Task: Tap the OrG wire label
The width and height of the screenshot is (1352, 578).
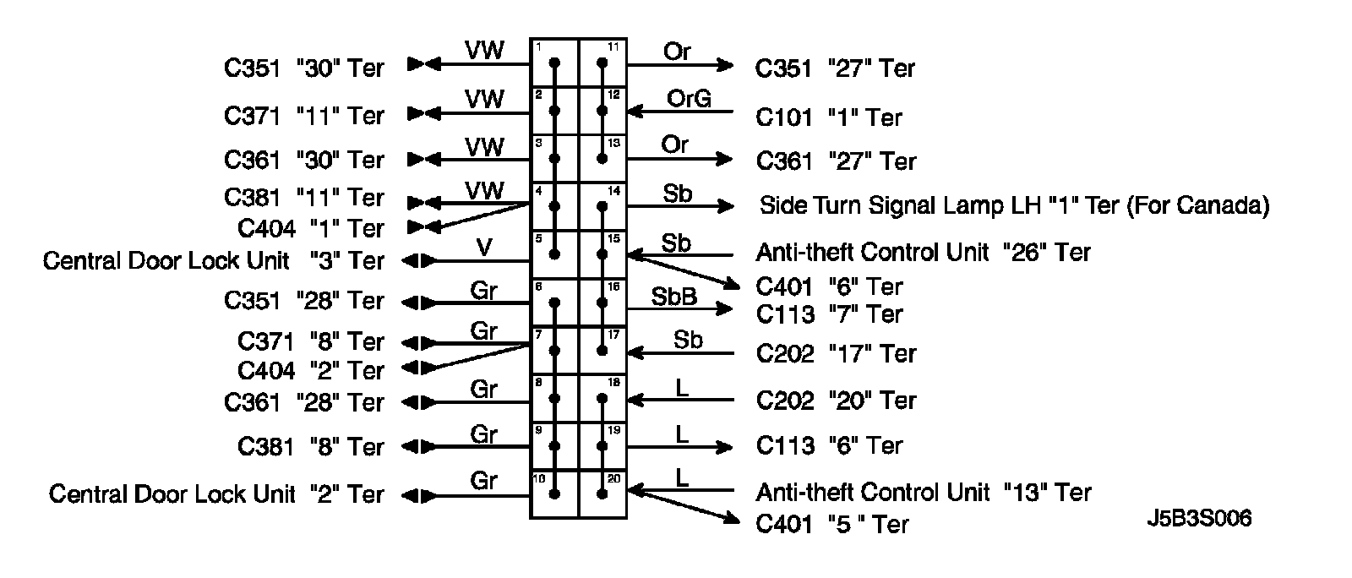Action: (689, 99)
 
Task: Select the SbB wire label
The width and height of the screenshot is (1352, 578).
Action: (673, 297)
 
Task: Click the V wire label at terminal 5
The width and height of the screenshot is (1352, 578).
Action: (484, 248)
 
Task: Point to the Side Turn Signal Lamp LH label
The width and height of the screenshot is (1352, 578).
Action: (1014, 205)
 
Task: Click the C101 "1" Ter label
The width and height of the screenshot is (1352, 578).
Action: (829, 117)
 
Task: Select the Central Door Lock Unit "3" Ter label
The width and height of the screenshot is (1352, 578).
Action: (213, 261)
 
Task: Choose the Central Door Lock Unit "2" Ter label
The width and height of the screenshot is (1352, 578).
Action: (216, 493)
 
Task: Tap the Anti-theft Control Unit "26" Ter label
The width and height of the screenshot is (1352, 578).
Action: (923, 252)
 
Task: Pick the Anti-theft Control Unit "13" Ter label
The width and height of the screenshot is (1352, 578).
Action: (923, 492)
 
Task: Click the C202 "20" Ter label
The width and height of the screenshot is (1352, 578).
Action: (836, 400)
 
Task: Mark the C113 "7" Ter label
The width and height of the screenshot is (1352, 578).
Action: (829, 314)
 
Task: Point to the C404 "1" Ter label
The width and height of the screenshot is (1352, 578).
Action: (310, 228)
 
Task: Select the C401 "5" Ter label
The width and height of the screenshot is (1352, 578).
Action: (831, 524)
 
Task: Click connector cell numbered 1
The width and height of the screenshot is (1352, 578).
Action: (554, 63)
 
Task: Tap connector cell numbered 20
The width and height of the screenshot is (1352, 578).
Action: (602, 494)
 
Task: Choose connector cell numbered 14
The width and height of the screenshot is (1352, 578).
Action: (602, 206)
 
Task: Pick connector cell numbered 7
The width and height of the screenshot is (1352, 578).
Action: (554, 350)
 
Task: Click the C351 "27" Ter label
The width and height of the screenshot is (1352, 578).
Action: (835, 68)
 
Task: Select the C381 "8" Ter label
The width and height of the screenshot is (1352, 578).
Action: (310, 446)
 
